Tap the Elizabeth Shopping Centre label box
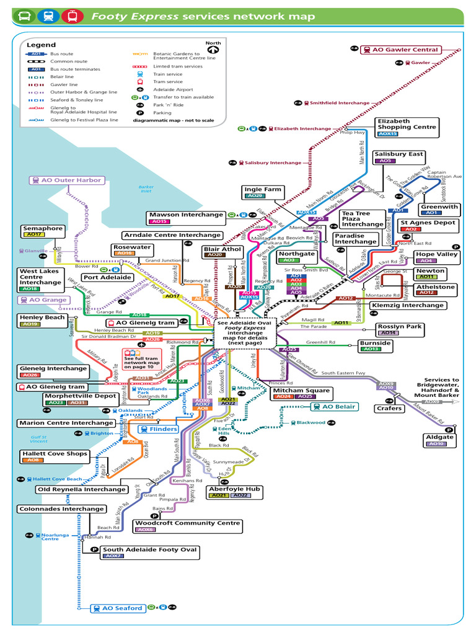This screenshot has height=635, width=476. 406,124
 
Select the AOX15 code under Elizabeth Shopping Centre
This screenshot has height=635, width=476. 388,133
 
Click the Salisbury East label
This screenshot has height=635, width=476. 399,154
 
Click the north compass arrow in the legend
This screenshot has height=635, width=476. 213,48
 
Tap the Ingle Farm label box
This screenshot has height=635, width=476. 263,190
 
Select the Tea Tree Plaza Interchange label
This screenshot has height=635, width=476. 363,219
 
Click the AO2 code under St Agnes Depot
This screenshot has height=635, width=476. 410,229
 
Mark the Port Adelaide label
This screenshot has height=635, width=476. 107,277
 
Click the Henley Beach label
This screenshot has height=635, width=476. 42,317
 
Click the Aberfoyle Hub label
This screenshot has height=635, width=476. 234,489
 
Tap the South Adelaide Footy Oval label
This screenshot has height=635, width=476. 149,549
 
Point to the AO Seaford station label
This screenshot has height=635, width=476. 118,608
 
